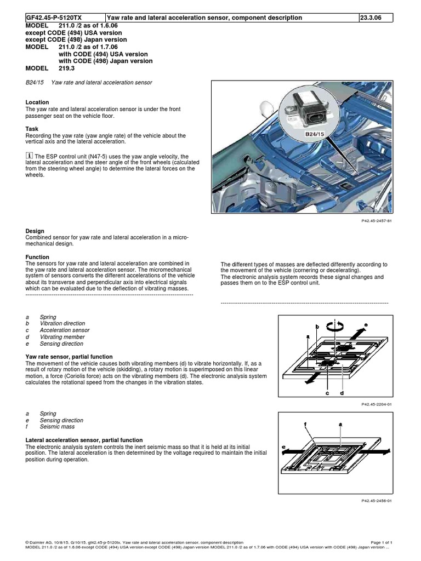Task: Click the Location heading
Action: tap(37, 102)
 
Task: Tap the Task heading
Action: tap(32, 129)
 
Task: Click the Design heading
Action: tap(35, 231)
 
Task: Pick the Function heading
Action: tap(37, 257)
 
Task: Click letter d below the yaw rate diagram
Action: tap(342, 393)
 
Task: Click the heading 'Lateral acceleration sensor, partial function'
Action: tap(84, 440)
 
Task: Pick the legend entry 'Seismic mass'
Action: tap(57, 427)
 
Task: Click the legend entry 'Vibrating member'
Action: tap(62, 337)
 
